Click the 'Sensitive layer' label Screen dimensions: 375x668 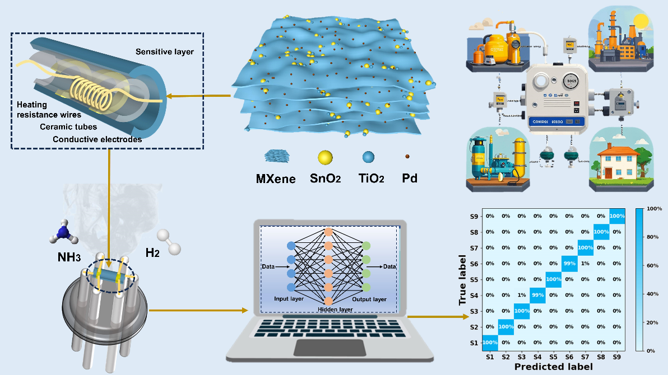(164, 51)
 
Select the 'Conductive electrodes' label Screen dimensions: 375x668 (97, 139)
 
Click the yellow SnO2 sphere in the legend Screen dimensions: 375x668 (324, 158)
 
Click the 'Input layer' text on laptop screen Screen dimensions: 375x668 (289, 299)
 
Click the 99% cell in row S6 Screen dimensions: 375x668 (569, 263)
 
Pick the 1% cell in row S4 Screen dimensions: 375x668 (522, 295)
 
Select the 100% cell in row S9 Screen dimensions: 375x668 (617, 216)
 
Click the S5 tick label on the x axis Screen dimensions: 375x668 (554, 355)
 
